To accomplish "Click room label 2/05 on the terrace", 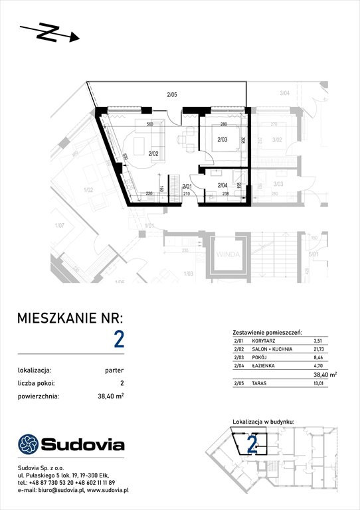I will click(171, 96).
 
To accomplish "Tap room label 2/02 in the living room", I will click(153, 153).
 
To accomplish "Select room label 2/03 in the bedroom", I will click(223, 139).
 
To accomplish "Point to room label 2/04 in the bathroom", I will click(223, 176).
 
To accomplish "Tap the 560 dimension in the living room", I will click(150, 124).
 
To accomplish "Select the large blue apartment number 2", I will click(119, 339).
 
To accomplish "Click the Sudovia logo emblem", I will click(29, 444).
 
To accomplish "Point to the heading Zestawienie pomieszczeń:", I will click(268, 331).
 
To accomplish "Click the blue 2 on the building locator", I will click(252, 442).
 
